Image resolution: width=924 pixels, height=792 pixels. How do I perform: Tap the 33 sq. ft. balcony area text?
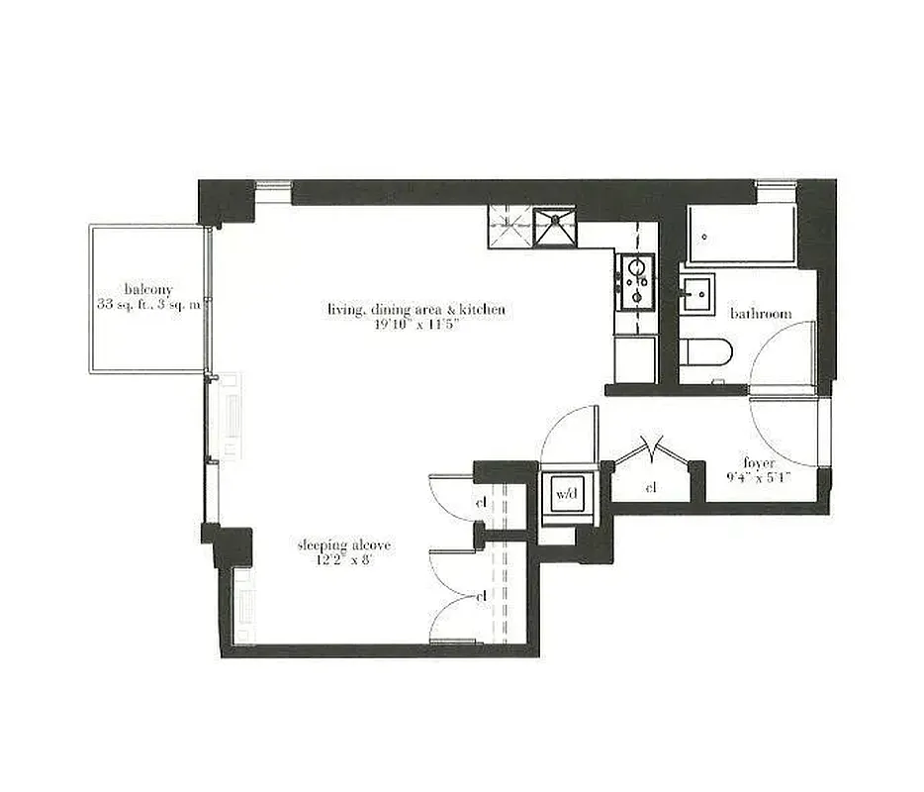[148, 305]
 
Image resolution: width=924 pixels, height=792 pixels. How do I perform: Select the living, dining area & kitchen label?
[416, 310]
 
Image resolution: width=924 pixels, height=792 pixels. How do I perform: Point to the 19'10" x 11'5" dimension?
[416, 326]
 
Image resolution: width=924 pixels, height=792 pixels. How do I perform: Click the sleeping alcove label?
[344, 545]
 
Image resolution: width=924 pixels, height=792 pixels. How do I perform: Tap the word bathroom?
[761, 314]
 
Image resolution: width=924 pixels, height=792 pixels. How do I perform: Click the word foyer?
[760, 462]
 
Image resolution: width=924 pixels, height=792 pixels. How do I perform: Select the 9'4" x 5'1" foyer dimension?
[760, 478]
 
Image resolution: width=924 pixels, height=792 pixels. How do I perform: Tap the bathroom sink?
[697, 294]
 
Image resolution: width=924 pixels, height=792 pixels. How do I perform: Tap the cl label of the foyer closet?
[651, 488]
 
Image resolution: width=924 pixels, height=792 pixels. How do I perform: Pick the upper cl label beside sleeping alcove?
[482, 503]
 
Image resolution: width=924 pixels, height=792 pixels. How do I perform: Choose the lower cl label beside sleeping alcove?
[482, 597]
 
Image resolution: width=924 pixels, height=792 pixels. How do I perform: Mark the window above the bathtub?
[776, 185]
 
